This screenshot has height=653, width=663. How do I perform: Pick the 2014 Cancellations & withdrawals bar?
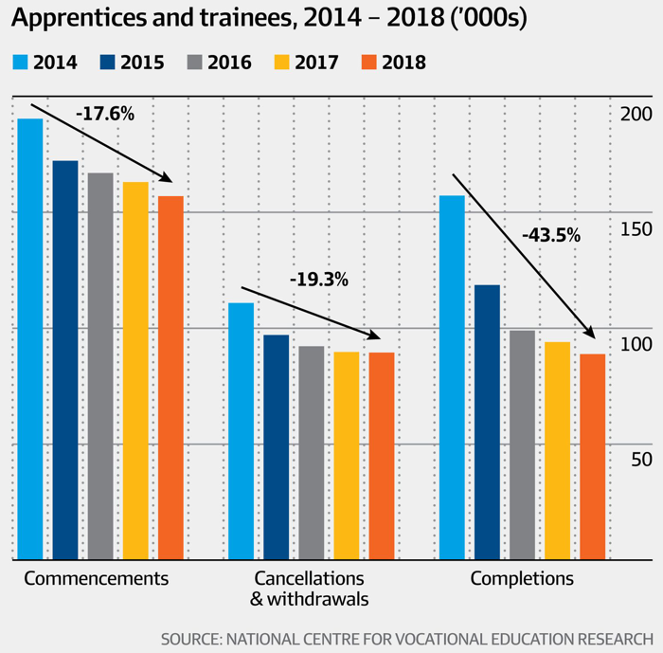point(242,430)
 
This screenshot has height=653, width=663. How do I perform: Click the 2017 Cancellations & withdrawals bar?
point(347,455)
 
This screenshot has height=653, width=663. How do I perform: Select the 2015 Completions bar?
point(487,422)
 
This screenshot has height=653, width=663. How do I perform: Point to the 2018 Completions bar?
point(592,456)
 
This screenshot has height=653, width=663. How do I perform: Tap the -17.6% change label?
point(105,115)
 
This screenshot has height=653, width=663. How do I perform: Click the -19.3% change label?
point(319,280)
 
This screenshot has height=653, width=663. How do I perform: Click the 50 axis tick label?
point(640,460)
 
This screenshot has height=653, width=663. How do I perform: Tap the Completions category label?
point(522,578)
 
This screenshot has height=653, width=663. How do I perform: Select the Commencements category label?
point(96,578)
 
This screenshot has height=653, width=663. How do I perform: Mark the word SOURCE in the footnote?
point(194,637)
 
